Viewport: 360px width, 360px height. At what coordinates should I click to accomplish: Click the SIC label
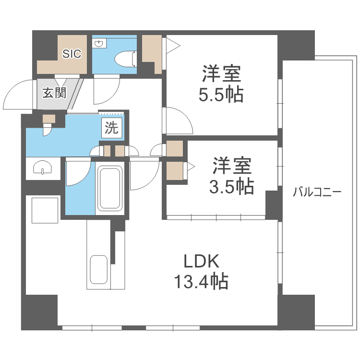[72, 54]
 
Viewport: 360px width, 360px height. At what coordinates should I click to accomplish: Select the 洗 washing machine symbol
[111, 128]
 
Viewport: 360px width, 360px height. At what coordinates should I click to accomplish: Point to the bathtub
[110, 188]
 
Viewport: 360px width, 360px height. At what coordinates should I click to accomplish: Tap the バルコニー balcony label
[317, 193]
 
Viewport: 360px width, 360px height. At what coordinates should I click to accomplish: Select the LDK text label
[201, 262]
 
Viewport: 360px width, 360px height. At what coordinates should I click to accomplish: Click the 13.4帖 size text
[201, 281]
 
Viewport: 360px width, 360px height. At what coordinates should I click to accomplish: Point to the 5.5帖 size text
[221, 95]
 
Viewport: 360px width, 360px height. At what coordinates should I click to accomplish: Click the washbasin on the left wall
[43, 168]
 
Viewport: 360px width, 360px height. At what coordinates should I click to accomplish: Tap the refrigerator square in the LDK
[45, 210]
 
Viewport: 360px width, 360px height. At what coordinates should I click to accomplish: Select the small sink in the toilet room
[99, 45]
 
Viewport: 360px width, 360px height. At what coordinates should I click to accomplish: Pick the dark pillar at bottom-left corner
[39, 312]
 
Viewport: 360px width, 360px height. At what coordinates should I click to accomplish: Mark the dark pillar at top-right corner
[297, 44]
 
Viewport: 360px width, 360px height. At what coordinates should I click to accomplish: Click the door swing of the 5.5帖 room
[178, 121]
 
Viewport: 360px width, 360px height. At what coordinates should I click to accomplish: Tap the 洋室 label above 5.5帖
[221, 74]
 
